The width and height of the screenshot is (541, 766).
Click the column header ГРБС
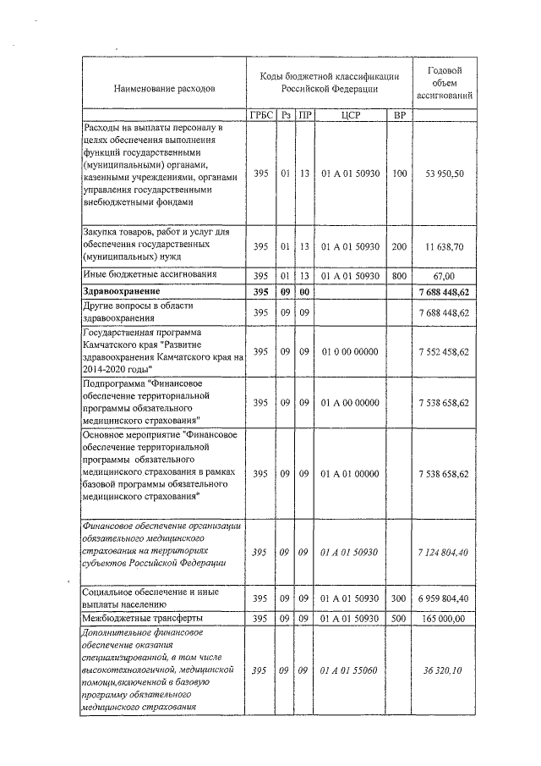pos(261,115)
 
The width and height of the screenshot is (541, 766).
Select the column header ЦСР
pos(350,115)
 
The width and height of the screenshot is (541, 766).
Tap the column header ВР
pos(400,115)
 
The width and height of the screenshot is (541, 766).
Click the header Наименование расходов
pos(164,87)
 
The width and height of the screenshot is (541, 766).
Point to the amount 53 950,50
pos(447,174)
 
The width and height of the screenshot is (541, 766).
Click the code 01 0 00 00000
pos(350,351)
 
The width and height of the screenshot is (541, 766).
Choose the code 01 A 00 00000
pos(350,403)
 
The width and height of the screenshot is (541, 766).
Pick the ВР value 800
pos(400,276)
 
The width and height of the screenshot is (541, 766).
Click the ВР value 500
pos(400,620)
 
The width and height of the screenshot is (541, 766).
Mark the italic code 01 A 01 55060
pos(350,670)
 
